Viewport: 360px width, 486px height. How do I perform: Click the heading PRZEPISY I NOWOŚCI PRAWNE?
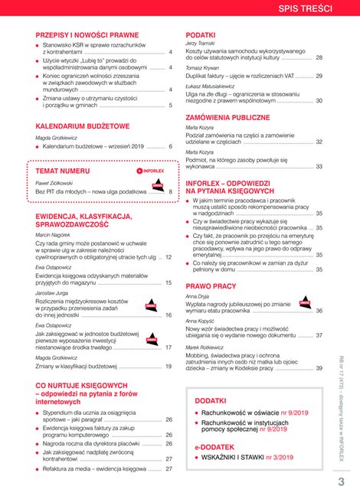coord(87,35)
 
